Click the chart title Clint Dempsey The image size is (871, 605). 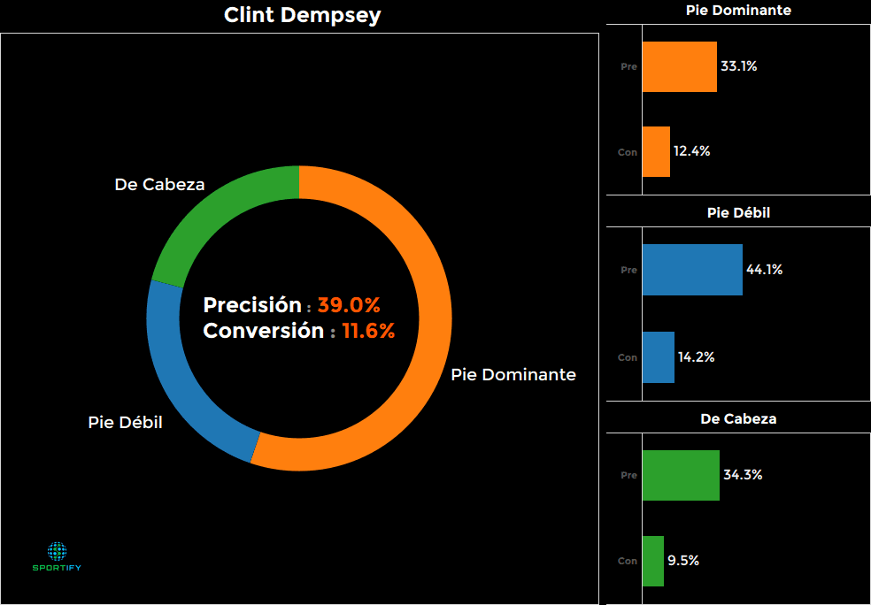pos(302,15)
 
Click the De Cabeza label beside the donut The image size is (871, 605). pos(159,185)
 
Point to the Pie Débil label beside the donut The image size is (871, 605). pos(125,422)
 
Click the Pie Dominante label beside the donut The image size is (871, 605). pos(513,375)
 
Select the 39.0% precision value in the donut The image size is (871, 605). pos(349,306)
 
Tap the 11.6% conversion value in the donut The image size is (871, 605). pos(368,332)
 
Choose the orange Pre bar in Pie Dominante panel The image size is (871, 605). pos(679,66)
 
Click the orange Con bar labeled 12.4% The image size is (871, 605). pos(656,151)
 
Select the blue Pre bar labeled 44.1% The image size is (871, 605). pos(692,270)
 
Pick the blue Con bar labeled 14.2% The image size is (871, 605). pos(658,357)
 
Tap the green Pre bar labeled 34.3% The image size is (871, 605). pos(681,475)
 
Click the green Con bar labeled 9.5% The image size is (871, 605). pos(652,561)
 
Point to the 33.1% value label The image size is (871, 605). pos(738,66)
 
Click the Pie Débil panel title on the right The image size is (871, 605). pos(738,213)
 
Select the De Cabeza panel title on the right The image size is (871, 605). pos(738,418)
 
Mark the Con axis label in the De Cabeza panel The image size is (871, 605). pos(627,561)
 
